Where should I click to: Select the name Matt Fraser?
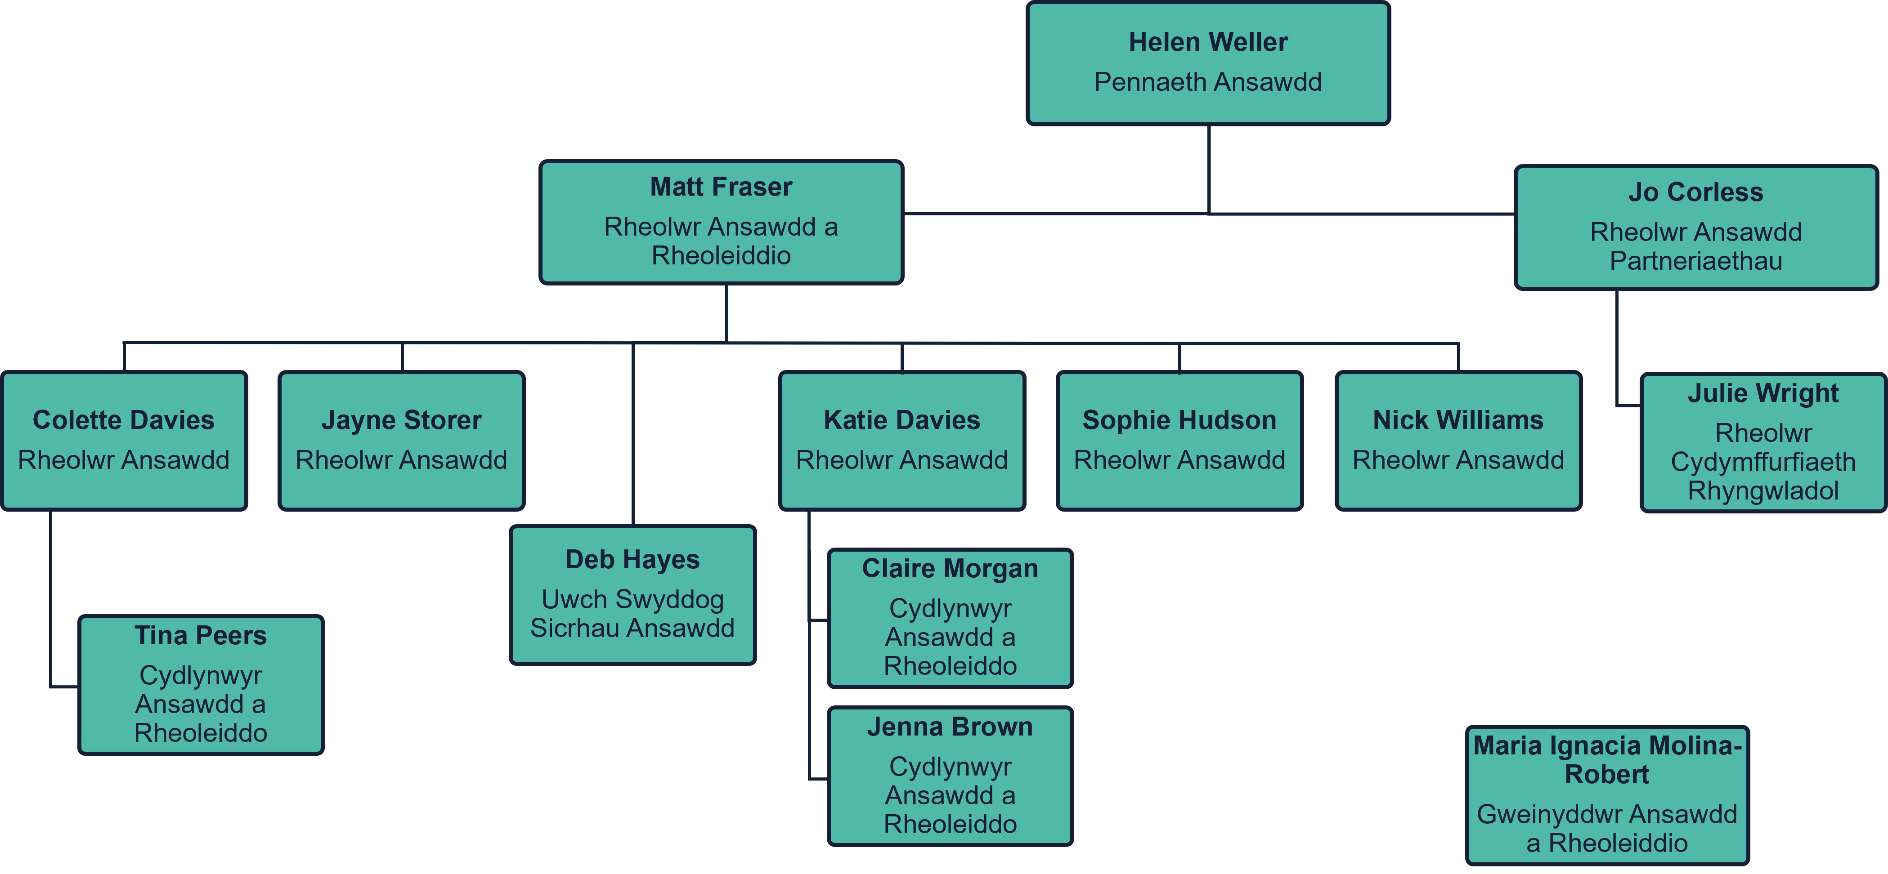pyautogui.click(x=721, y=187)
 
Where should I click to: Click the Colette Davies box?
pyautogui.click(x=124, y=440)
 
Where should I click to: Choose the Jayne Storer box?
pyautogui.click(x=402, y=440)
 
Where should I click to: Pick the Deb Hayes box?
pyautogui.click(x=632, y=594)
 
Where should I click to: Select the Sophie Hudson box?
pyautogui.click(x=1179, y=440)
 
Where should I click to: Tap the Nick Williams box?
pyautogui.click(x=1458, y=440)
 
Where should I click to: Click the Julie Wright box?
pyautogui.click(x=1762, y=442)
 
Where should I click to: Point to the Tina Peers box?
pyautogui.click(x=201, y=684)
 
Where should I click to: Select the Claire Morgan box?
pyautogui.click(x=950, y=618)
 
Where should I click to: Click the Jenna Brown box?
pyautogui.click(x=950, y=776)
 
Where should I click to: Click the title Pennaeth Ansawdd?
pyautogui.click(x=1208, y=82)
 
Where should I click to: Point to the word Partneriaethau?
pyautogui.click(x=1695, y=261)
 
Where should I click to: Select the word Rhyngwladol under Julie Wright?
pyautogui.click(x=1762, y=491)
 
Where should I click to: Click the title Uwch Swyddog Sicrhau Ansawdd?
pyautogui.click(x=632, y=614)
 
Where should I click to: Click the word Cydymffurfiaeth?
pyautogui.click(x=1762, y=462)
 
